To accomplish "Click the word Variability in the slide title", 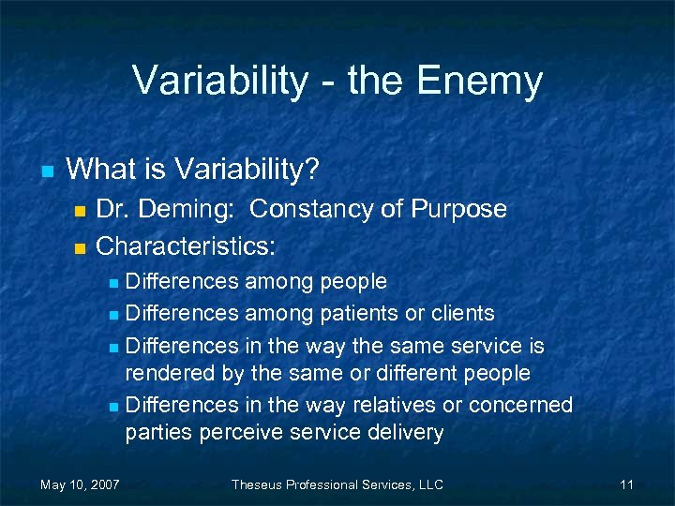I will pyautogui.click(x=219, y=81).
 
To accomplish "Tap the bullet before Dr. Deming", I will pyautogui.click(x=79, y=210).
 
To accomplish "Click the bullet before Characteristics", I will pyautogui.click(x=79, y=248).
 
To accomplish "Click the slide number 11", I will pyautogui.click(x=626, y=484).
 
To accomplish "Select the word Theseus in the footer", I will pyautogui.click(x=262, y=484).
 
